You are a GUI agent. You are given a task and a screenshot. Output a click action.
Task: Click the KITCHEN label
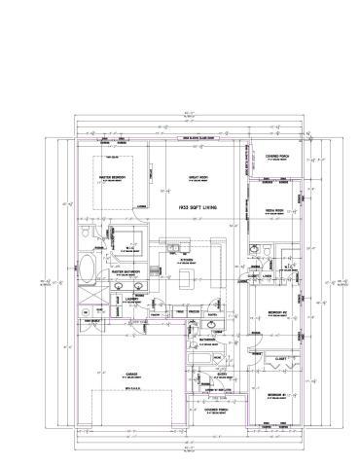186,260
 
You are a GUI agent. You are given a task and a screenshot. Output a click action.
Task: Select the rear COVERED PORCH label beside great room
279,156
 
